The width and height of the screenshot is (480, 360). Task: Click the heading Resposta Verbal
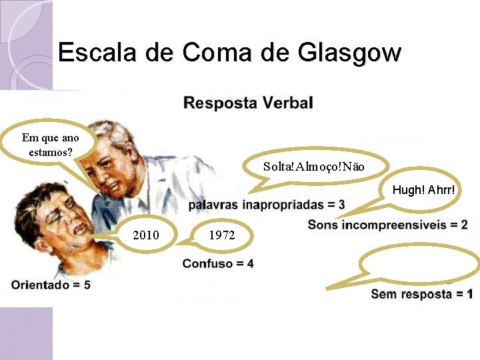(248, 103)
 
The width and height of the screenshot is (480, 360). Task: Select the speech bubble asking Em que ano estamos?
(50, 144)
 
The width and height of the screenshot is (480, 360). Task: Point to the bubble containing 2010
(146, 235)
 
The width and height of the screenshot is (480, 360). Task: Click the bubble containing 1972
(221, 235)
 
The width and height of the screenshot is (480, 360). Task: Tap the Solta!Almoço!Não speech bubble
(313, 166)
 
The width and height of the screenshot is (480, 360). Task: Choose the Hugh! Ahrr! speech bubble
(423, 190)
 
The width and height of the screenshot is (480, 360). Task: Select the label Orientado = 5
(51, 285)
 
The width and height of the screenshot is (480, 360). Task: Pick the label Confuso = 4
(218, 263)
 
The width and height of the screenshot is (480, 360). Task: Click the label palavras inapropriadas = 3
(266, 205)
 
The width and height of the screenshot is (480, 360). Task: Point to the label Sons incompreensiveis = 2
(387, 225)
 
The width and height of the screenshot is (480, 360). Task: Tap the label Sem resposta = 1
(421, 294)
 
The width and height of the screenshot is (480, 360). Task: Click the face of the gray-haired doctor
(120, 163)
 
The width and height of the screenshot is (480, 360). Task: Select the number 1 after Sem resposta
(469, 294)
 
